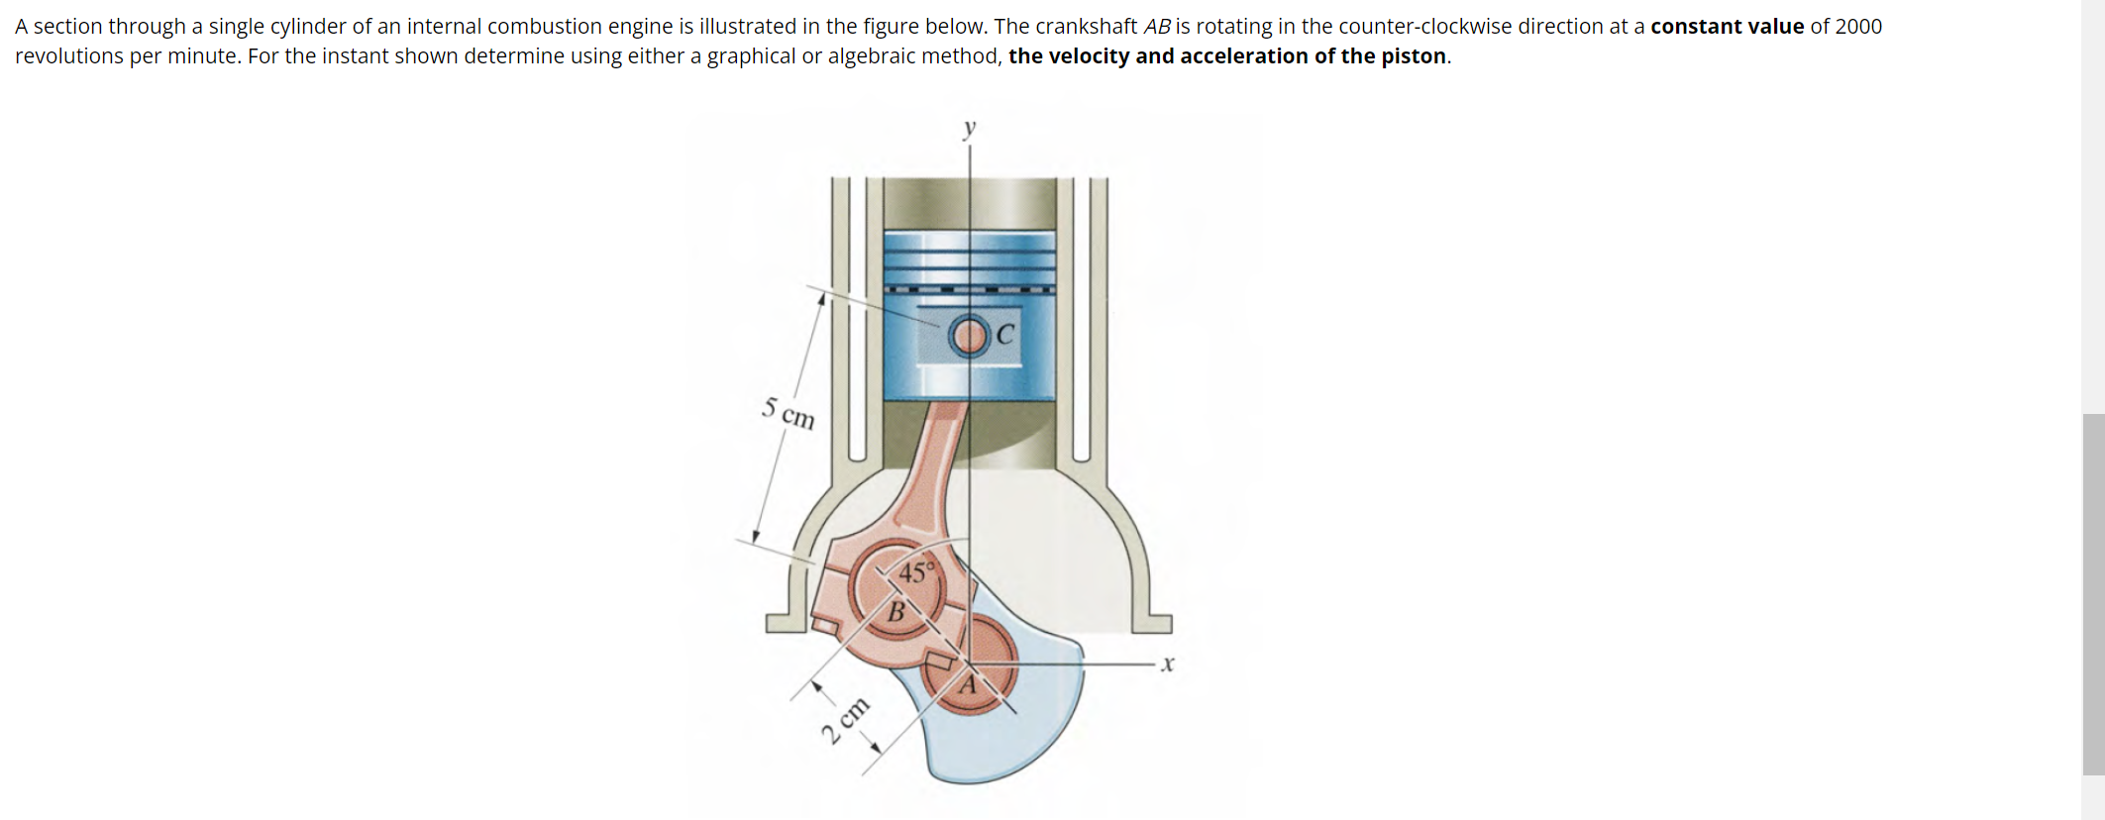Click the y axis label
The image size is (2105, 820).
pyautogui.click(x=970, y=128)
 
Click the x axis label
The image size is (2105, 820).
pyautogui.click(x=1168, y=664)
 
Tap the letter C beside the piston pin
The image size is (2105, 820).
pyautogui.click(x=1005, y=335)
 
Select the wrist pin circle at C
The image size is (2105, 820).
pyautogui.click(x=969, y=336)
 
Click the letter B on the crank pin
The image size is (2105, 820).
pyautogui.click(x=895, y=612)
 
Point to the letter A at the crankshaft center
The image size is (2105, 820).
pyautogui.click(x=969, y=684)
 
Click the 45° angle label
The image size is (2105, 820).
pyautogui.click(x=916, y=572)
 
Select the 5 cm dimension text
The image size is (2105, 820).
pyautogui.click(x=789, y=413)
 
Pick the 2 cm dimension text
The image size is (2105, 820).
pyautogui.click(x=845, y=720)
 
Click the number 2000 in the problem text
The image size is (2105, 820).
pyautogui.click(x=1858, y=27)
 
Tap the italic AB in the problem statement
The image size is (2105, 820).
pyautogui.click(x=1157, y=27)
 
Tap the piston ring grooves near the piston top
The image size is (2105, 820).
pyautogui.click(x=969, y=259)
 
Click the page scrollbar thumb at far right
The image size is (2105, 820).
pyautogui.click(x=2093, y=594)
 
